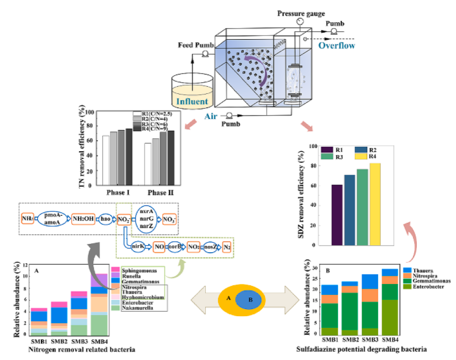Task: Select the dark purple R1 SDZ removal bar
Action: click(337, 214)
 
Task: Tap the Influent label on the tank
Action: click(192, 102)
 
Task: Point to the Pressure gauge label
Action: click(301, 14)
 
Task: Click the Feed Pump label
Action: click(191, 45)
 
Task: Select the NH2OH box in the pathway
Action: click(83, 218)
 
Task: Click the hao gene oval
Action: click(106, 218)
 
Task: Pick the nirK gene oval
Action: click(138, 247)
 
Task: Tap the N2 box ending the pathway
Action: click(226, 247)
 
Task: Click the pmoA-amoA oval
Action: click(54, 218)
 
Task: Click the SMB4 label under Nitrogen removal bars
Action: click(98, 341)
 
